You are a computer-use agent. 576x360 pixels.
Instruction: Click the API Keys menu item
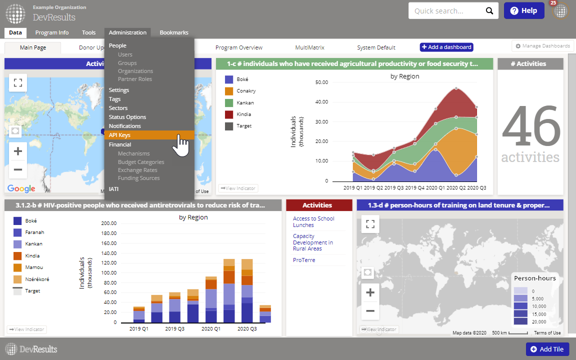click(x=120, y=135)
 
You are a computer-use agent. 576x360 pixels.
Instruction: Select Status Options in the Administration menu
click(x=127, y=117)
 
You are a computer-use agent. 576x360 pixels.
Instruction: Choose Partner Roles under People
click(x=135, y=79)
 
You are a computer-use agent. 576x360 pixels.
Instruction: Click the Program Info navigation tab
click(x=52, y=32)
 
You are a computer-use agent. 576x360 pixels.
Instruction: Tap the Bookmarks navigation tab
click(x=174, y=32)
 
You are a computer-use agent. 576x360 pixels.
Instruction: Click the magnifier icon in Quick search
click(x=489, y=11)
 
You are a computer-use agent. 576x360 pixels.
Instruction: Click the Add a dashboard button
click(x=446, y=47)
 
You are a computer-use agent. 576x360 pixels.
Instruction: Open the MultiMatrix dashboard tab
click(x=309, y=47)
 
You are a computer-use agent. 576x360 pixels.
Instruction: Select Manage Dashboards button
click(x=542, y=46)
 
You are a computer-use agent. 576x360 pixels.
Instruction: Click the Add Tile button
click(x=547, y=349)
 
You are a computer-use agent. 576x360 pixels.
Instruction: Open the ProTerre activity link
click(x=304, y=260)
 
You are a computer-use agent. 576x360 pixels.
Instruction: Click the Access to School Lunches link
click(x=313, y=221)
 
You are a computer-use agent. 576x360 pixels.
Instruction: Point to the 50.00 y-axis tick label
click(x=322, y=82)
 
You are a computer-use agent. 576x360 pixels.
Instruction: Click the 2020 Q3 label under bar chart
click(x=247, y=329)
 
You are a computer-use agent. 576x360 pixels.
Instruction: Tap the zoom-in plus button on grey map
click(x=370, y=292)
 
